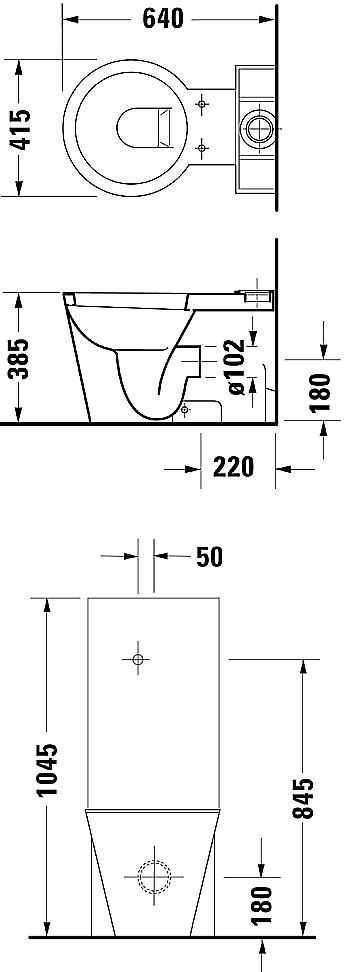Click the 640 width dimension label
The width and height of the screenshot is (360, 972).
point(164,19)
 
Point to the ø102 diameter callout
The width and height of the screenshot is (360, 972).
point(237,366)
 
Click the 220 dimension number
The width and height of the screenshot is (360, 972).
point(234,467)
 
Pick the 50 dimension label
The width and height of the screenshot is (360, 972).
point(209,557)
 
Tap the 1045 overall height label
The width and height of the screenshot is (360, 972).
point(48,769)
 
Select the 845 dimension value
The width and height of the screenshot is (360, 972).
point(303,798)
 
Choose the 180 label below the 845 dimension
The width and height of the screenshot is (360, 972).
point(262,904)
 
